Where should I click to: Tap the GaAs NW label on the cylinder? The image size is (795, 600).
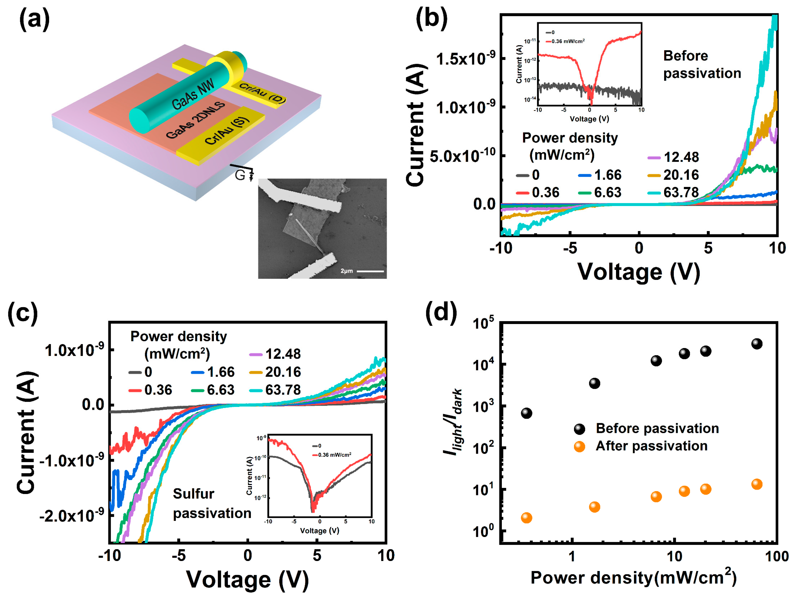(193, 94)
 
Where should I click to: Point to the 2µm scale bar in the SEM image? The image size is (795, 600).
(370, 271)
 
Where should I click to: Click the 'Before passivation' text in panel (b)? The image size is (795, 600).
(701, 65)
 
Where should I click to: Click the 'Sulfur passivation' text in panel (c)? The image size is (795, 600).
(211, 503)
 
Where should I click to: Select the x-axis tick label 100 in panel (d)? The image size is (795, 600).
(777, 557)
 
